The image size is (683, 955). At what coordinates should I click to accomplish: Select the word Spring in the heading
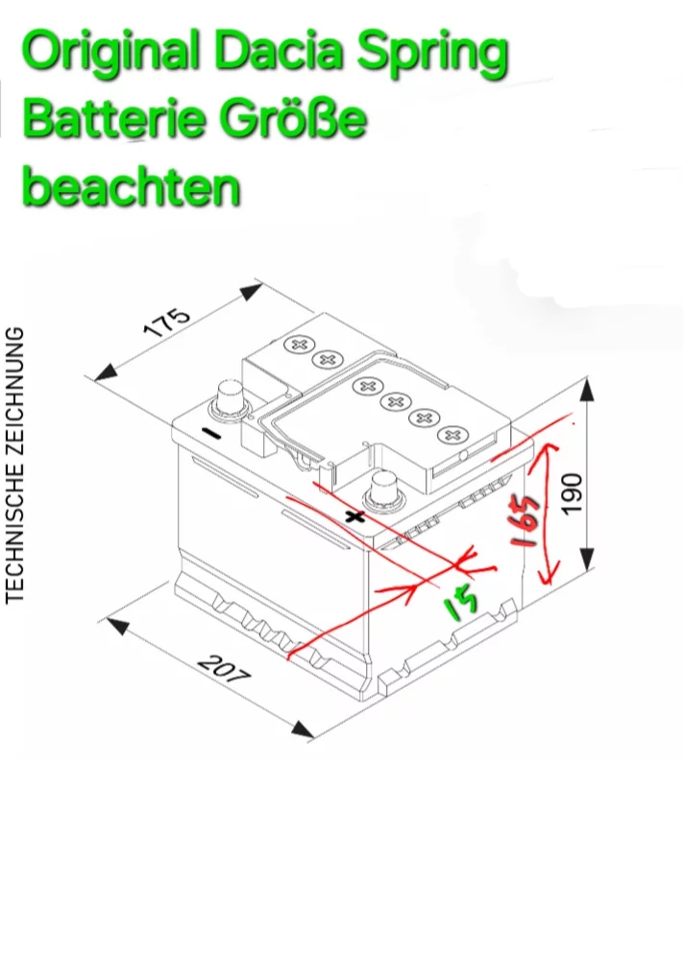click(x=432, y=54)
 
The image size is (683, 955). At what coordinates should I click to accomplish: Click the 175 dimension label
click(x=166, y=322)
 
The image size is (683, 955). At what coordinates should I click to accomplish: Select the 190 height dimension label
click(x=572, y=493)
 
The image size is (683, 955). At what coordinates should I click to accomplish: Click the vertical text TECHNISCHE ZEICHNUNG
click(x=14, y=466)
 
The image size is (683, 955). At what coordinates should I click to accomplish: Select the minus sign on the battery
click(x=211, y=434)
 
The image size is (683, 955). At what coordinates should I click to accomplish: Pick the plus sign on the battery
click(x=354, y=518)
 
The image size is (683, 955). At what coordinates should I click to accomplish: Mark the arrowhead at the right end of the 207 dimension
click(x=304, y=729)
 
